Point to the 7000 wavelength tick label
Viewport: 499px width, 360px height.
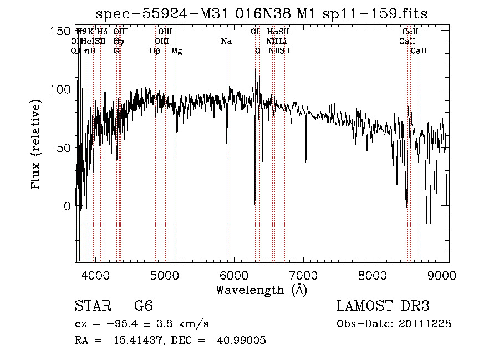303,275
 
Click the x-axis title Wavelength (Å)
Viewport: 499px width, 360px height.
261,290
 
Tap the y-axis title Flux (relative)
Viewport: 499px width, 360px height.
37,145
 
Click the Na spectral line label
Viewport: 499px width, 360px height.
226,41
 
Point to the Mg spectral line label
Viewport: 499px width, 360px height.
176,51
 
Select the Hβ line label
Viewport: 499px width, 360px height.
155,51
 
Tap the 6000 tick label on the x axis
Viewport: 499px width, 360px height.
234,275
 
